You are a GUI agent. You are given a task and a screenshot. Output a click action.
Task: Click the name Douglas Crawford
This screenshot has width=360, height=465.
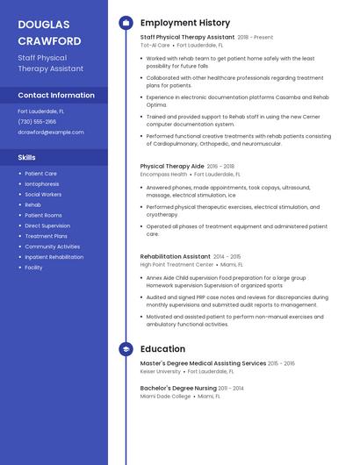[49, 32]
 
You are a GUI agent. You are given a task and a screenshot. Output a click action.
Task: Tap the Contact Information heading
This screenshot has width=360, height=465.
[56, 95]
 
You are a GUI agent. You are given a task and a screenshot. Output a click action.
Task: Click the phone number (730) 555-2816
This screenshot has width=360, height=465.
[37, 122]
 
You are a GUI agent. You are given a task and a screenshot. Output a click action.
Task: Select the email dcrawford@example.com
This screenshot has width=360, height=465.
[51, 132]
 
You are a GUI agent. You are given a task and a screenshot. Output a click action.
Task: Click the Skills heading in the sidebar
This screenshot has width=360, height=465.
[27, 157]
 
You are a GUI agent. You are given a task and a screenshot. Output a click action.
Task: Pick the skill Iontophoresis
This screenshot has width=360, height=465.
[42, 184]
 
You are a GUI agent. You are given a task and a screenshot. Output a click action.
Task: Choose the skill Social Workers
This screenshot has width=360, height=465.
[43, 195]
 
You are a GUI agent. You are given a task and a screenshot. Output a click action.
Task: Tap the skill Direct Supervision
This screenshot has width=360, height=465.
[47, 225]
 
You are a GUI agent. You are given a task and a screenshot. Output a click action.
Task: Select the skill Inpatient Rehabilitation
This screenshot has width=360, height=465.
[54, 257]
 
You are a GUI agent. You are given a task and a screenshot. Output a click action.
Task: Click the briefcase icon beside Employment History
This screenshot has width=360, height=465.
[126, 23]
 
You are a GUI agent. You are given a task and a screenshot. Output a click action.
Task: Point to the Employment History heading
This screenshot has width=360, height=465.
[185, 23]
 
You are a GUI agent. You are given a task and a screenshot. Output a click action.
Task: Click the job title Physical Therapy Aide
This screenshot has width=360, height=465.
[172, 166]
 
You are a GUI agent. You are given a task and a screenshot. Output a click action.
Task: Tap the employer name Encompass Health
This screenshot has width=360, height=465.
[164, 175]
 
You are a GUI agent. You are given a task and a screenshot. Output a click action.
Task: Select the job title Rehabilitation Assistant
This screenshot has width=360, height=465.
[176, 256]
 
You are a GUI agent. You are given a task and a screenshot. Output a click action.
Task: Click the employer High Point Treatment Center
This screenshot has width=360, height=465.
[176, 264]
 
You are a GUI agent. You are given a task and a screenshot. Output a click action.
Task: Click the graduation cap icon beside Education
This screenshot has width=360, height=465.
[126, 348]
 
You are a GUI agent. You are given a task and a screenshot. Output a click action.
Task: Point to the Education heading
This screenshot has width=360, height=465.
[162, 348]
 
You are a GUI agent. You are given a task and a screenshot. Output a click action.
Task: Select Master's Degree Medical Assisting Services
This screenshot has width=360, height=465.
[203, 363]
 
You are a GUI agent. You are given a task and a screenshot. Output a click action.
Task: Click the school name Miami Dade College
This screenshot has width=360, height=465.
[165, 396]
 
